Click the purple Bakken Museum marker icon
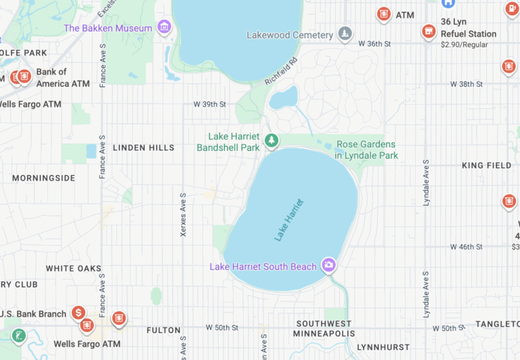click(164, 27)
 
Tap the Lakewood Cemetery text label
click(290, 35)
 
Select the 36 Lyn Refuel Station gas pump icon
click(428, 32)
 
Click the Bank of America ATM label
click(62, 78)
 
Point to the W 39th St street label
click(209, 105)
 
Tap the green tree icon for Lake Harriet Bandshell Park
click(272, 141)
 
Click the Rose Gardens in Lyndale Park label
click(366, 150)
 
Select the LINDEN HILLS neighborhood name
click(144, 148)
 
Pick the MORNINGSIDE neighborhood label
click(43, 178)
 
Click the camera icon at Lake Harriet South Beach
click(328, 265)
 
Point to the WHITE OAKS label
click(73, 269)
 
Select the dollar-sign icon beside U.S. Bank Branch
click(79, 313)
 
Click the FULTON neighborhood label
click(163, 330)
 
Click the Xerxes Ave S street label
click(183, 214)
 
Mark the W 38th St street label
click(467, 85)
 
